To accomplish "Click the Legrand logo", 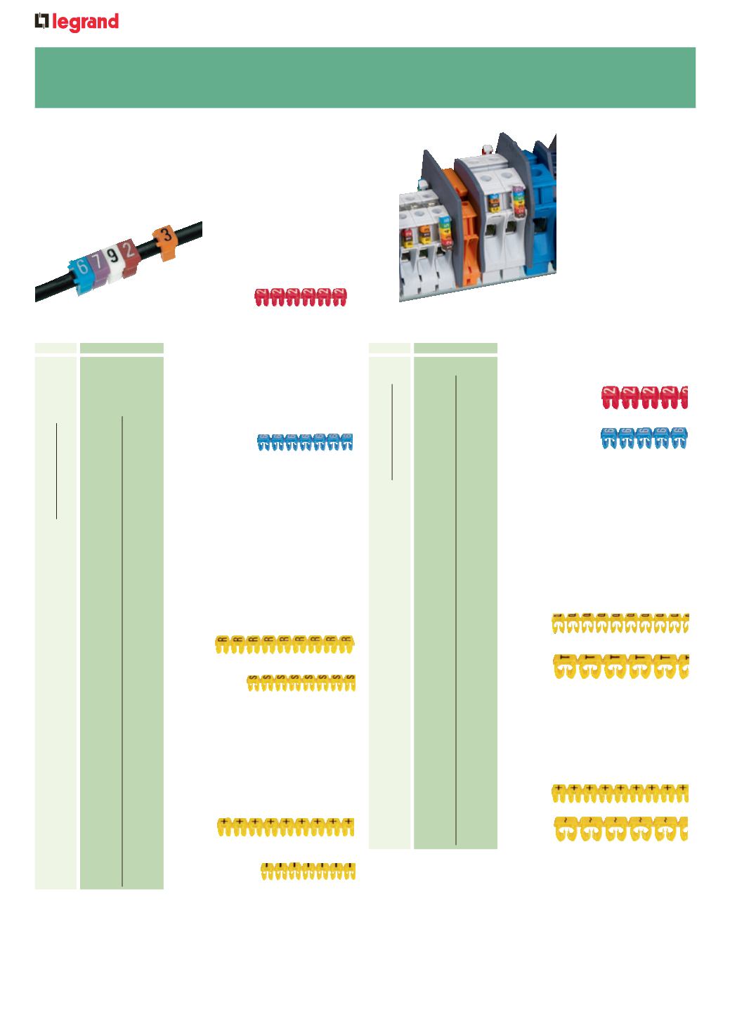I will tap(77, 22).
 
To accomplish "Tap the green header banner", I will tap(365, 77).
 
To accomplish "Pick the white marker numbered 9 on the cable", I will tap(112, 257).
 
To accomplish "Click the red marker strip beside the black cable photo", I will tap(301, 297).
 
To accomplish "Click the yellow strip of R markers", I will tap(285, 644).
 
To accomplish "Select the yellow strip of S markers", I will tap(301, 682).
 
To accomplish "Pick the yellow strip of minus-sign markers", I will tap(308, 871).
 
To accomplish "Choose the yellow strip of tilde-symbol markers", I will tap(620, 829).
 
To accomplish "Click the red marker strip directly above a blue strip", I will tap(644, 396).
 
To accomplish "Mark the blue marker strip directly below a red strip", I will tap(644, 438).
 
